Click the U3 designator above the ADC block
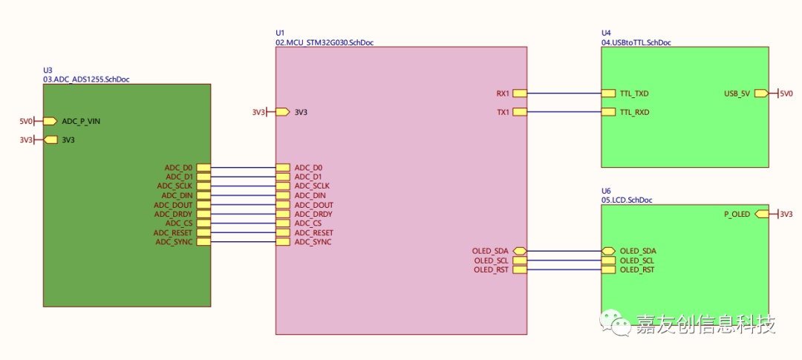pos(48,70)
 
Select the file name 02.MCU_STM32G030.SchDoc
pos(325,42)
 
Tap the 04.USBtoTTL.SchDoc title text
pos(636,42)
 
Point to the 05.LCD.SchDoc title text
pos(627,200)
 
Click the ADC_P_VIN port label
pos(81,121)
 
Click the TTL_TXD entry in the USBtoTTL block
pos(634,94)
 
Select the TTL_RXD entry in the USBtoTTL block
pos(634,112)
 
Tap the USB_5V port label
pos(737,94)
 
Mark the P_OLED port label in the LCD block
pos(737,214)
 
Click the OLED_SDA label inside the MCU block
pos(490,251)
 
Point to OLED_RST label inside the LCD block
pos(637,269)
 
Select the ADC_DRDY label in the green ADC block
pos(173,214)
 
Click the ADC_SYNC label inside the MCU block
pos(313,242)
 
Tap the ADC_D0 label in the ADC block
pos(178,168)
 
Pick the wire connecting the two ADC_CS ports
pos(243,223)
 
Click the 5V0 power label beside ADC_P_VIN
pos(26,121)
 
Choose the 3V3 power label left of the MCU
pos(258,112)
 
